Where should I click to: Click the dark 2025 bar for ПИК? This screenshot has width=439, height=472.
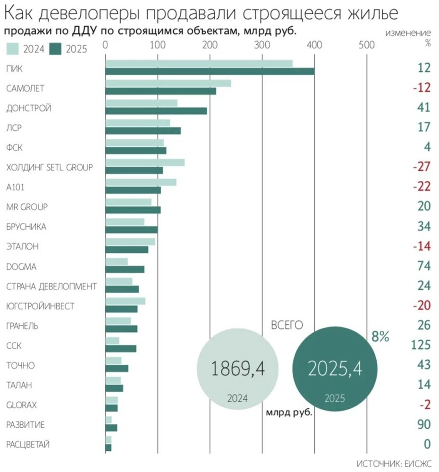tap(210, 71)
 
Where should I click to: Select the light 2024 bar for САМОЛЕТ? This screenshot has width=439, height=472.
tap(168, 84)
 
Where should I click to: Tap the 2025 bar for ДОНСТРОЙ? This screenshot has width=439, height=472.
tap(156, 111)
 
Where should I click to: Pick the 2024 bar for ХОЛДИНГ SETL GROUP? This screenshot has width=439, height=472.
tap(145, 163)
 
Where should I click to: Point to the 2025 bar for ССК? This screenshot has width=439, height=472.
tap(121, 349)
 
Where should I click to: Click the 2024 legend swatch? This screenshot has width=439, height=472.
tap(13, 49)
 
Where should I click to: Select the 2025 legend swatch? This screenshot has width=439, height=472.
tap(57, 49)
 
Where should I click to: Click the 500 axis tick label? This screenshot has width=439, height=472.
tap(366, 45)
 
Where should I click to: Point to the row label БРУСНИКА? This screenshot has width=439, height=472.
tap(26, 227)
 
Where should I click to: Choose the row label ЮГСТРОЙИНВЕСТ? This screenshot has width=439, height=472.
tap(40, 306)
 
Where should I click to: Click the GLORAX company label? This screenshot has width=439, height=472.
tap(22, 405)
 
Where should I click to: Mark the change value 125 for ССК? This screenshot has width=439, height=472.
tap(421, 346)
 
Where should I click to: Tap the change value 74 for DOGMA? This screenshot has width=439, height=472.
tap(423, 267)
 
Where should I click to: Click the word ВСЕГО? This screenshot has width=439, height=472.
tap(287, 325)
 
